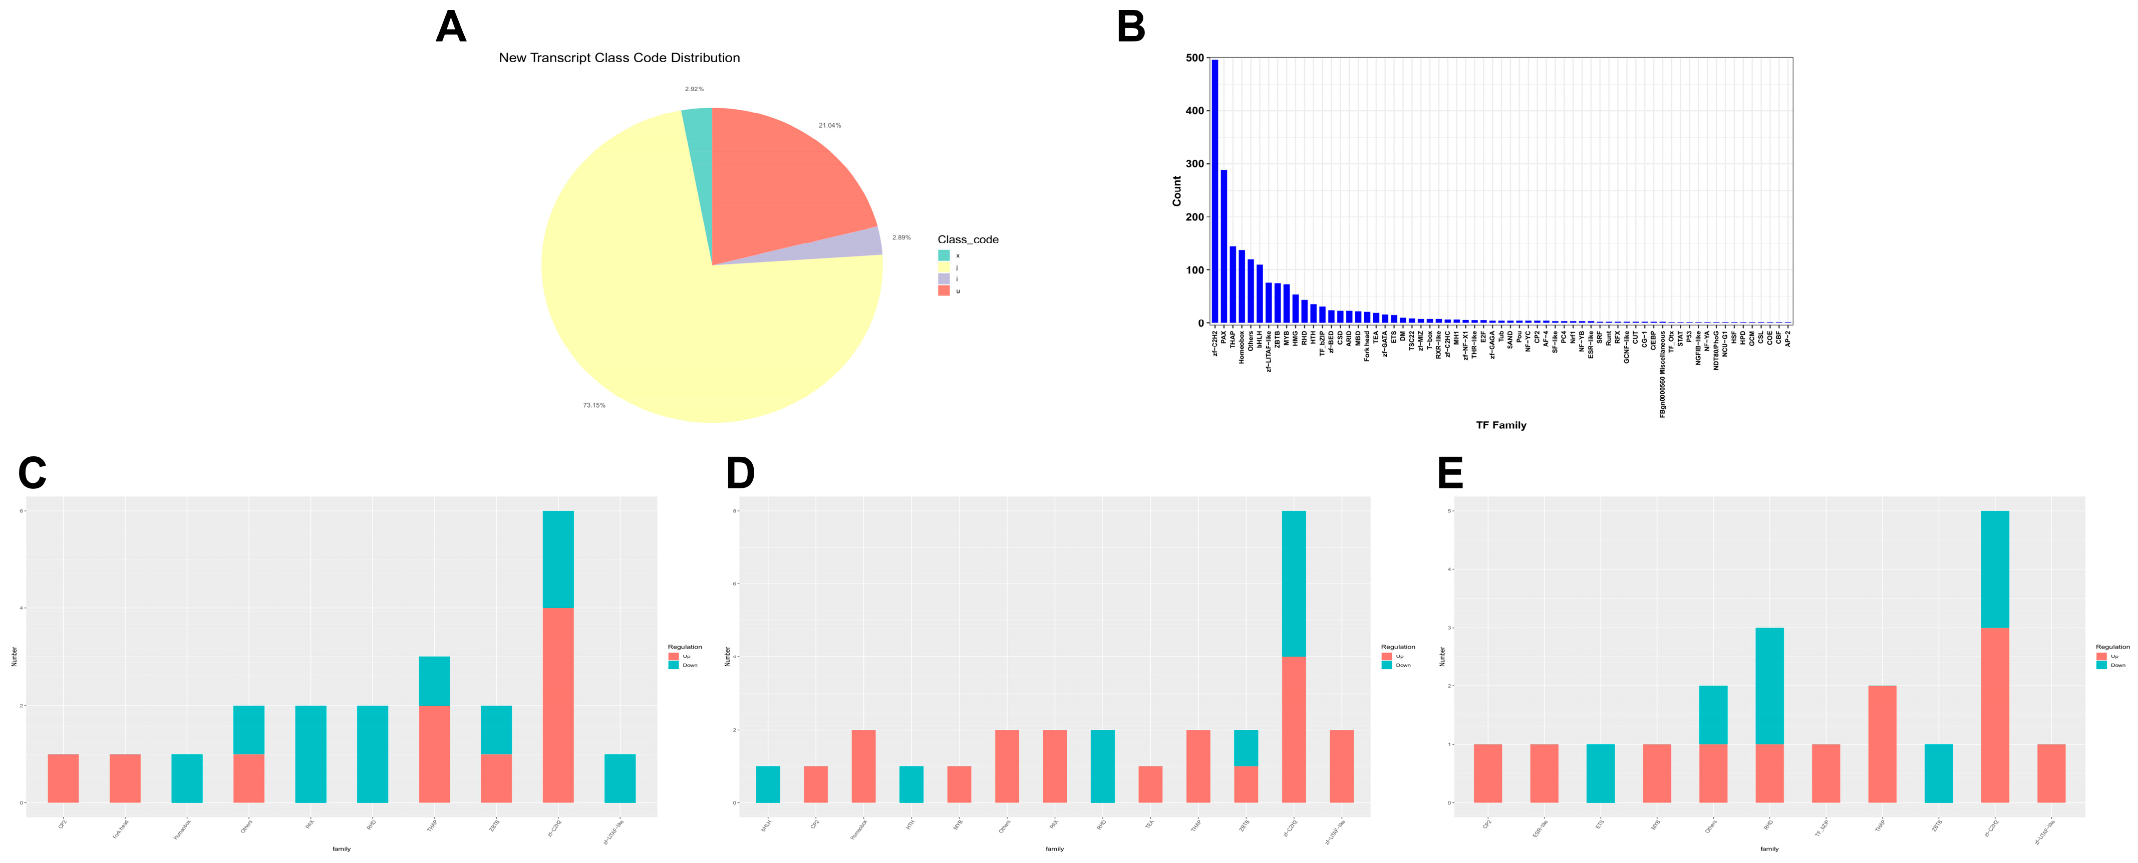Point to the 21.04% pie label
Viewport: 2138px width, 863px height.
(829, 125)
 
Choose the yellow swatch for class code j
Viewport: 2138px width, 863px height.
(944, 267)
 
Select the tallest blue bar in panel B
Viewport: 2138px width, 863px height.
(1215, 191)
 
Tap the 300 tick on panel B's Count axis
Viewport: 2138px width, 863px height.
(1194, 163)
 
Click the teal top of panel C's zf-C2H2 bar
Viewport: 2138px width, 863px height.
(558, 559)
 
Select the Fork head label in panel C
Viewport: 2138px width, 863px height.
(121, 828)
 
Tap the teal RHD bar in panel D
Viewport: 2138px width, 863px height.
(1102, 766)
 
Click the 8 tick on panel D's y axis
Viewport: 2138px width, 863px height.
(735, 511)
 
